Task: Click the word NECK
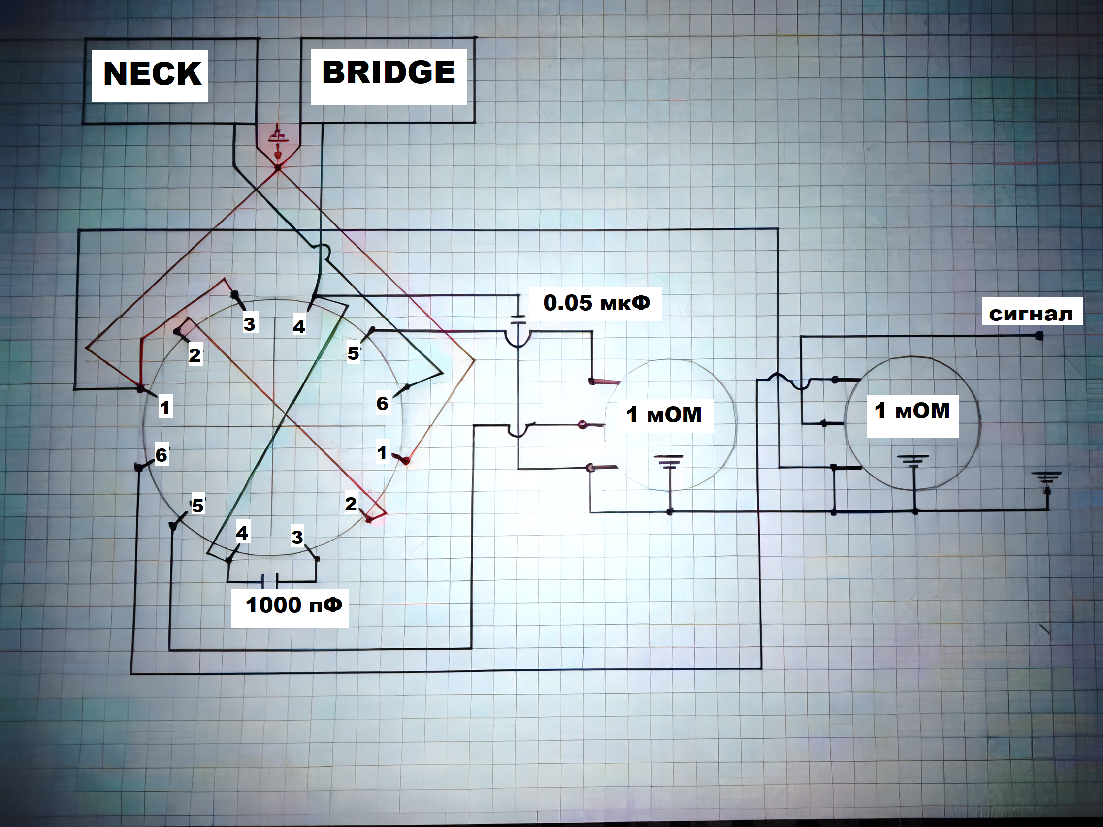pyautogui.click(x=152, y=74)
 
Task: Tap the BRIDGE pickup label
pyautogui.click(x=389, y=72)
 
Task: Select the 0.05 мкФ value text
pyautogui.click(x=596, y=303)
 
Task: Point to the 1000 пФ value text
pyautogui.click(x=293, y=605)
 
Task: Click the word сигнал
pyautogui.click(x=1031, y=314)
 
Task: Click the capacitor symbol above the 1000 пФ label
pyautogui.click(x=270, y=580)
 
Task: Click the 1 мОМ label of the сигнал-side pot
pyautogui.click(x=912, y=411)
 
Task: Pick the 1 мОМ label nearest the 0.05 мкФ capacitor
pyautogui.click(x=663, y=414)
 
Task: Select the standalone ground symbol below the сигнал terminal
pyautogui.click(x=1048, y=478)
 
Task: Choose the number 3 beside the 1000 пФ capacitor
pyautogui.click(x=297, y=537)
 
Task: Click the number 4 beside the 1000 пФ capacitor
pyautogui.click(x=242, y=533)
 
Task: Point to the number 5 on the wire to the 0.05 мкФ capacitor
pyautogui.click(x=353, y=353)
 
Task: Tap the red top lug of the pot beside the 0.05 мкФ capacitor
pyautogui.click(x=604, y=382)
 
